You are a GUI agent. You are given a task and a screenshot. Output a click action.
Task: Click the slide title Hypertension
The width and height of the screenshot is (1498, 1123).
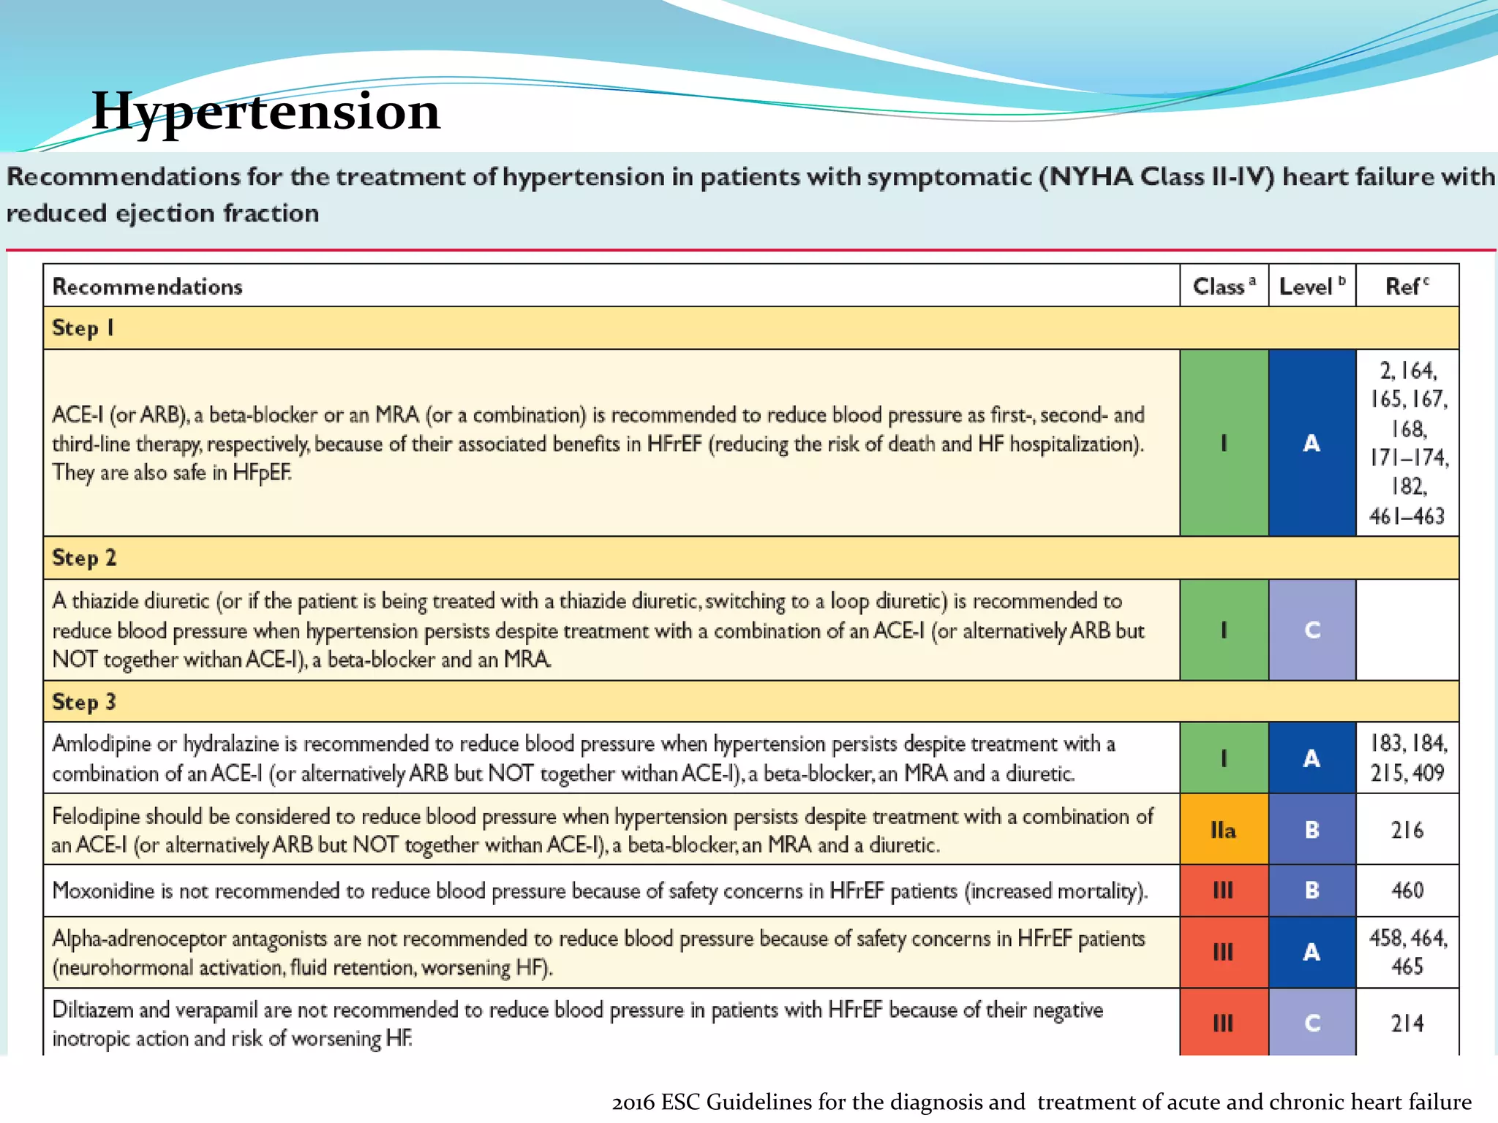pos(266,111)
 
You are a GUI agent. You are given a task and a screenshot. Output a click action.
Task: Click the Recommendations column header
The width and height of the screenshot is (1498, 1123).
pos(147,287)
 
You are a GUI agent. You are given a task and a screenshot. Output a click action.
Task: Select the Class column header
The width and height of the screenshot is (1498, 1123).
pos(1223,286)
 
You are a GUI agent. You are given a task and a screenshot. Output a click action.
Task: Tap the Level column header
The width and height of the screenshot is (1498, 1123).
pos(1311,286)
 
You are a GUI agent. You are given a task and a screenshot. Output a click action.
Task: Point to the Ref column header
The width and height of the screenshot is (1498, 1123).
pos(1406,286)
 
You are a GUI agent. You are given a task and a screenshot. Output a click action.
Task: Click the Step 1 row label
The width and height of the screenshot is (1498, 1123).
pos(83,328)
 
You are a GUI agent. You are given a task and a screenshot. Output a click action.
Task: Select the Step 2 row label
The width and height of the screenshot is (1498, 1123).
pos(84,558)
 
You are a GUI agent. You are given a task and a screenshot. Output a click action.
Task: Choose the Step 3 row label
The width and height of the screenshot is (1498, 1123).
pos(84,702)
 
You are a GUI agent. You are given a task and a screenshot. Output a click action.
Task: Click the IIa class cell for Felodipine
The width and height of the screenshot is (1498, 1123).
pos(1223,830)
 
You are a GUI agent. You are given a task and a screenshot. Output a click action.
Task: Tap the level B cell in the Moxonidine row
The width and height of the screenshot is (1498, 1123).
pos(1311,891)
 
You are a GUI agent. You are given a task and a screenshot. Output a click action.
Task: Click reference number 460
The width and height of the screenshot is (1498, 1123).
pos(1407,891)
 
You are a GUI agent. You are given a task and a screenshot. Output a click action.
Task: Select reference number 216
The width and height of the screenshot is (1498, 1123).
pos(1407,830)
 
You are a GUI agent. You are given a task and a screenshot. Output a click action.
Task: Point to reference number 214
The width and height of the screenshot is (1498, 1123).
pos(1407,1023)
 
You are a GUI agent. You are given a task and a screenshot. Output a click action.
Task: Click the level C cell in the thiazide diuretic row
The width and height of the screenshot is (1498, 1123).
pos(1311,630)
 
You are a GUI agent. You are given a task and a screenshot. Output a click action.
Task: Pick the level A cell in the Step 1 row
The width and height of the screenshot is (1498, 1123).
pos(1311,443)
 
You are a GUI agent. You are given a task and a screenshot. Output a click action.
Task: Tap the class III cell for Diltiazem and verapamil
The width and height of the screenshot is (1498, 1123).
pos(1223,1023)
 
